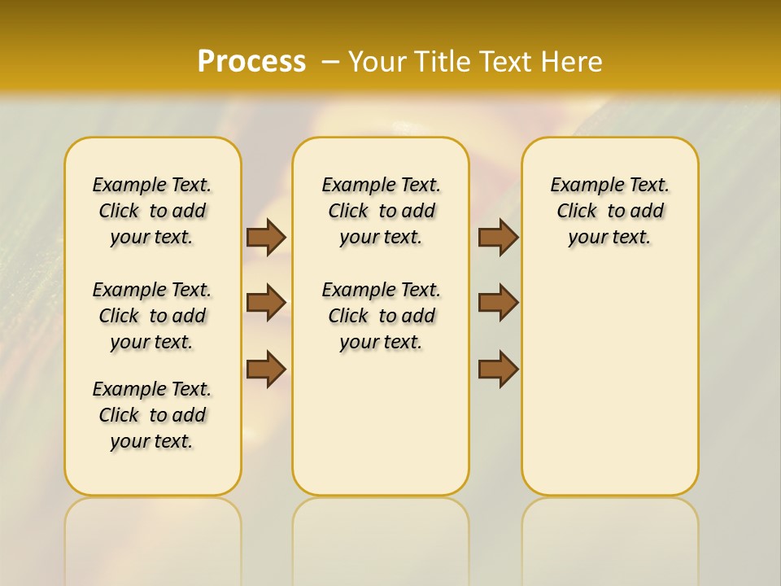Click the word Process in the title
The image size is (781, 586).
click(251, 61)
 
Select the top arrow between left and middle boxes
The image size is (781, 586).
click(266, 237)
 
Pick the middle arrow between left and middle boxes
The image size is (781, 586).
click(266, 303)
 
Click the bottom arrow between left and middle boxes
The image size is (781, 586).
click(266, 369)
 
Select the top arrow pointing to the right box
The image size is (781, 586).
click(498, 237)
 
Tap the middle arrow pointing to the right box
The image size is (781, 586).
click(498, 303)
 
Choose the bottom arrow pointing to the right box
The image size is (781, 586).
click(498, 369)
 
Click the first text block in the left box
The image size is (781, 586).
click(152, 211)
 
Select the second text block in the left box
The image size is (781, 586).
click(152, 316)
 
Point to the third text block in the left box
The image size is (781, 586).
click(152, 415)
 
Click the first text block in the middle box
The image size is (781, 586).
click(381, 211)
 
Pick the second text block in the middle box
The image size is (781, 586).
click(381, 316)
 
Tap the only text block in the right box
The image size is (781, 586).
click(610, 211)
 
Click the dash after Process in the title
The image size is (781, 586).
click(330, 61)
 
